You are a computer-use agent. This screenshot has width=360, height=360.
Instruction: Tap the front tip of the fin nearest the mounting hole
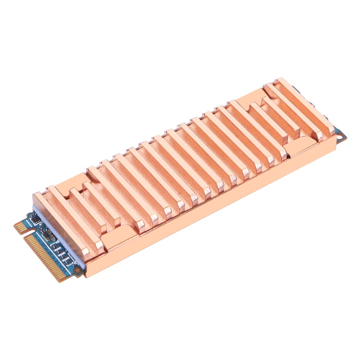click(x=331, y=130)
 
